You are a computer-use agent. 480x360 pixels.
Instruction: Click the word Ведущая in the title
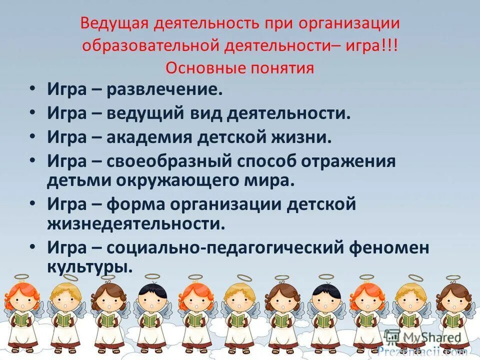109,23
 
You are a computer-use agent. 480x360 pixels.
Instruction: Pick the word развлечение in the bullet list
164,91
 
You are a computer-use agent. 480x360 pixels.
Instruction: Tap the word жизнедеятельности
136,223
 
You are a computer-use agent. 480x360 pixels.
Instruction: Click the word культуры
90,266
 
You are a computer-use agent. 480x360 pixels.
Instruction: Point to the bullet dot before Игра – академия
32,135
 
